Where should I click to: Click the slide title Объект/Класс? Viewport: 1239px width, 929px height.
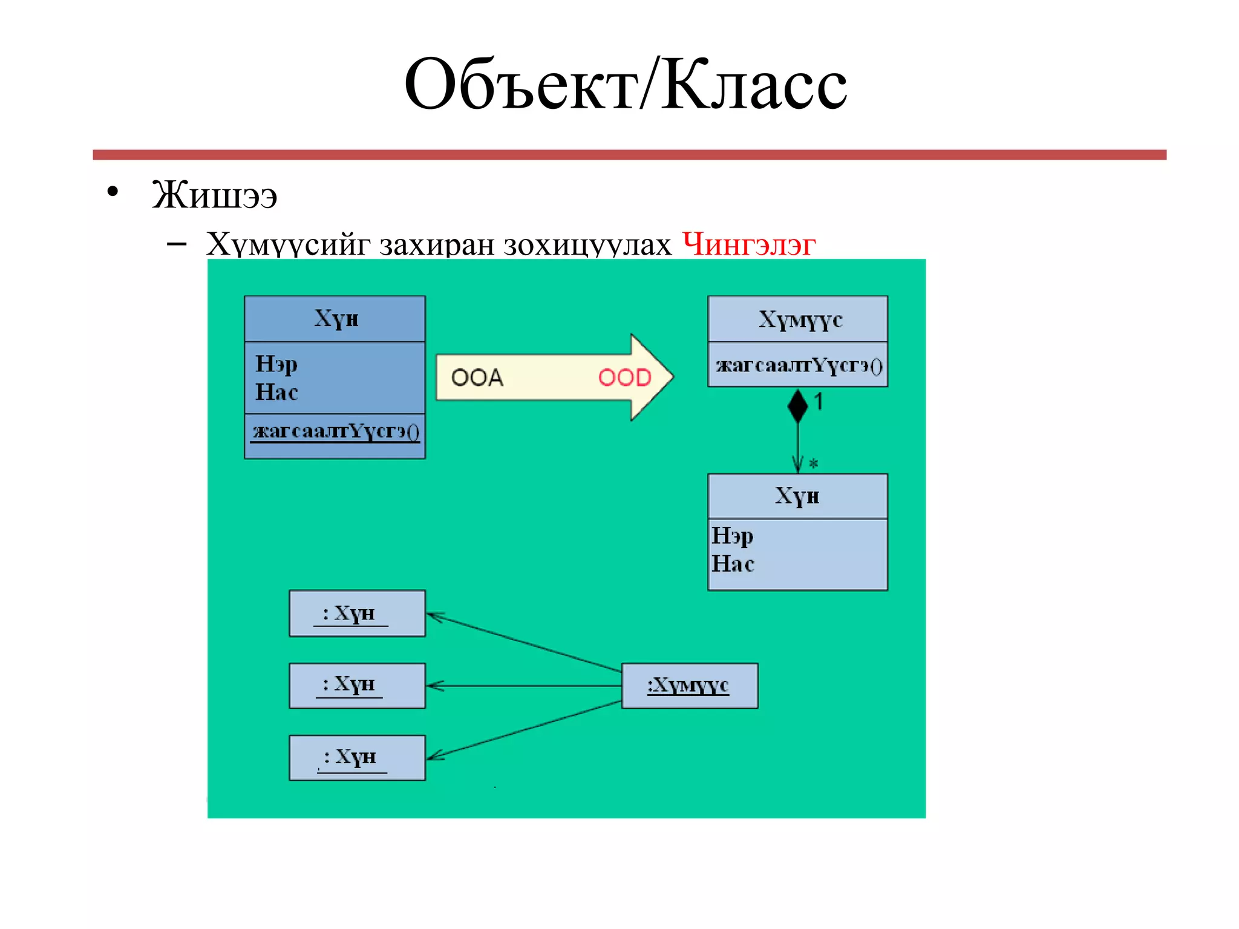point(625,85)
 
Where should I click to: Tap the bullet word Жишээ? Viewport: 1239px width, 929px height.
point(214,195)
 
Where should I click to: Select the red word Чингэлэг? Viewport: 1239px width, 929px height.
point(748,244)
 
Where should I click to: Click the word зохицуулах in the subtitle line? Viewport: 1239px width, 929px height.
point(587,244)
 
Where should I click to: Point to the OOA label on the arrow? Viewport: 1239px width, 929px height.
point(477,377)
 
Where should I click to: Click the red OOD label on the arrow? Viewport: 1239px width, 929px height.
point(624,377)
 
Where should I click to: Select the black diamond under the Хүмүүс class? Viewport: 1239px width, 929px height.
point(797,406)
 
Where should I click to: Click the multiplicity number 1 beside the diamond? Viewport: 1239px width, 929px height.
point(819,402)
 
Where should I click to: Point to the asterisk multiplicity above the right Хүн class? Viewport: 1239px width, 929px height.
point(813,464)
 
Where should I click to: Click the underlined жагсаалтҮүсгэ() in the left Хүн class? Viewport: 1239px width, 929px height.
point(336,431)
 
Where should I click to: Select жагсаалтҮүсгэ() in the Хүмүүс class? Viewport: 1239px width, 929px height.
point(799,365)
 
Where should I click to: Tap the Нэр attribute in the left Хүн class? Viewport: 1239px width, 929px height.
point(276,363)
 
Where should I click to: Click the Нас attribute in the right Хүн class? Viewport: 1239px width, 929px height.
point(733,564)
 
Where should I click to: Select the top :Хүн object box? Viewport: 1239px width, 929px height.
point(357,613)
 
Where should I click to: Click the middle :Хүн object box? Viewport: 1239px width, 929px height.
point(357,685)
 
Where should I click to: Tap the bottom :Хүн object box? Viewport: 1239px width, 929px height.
point(357,757)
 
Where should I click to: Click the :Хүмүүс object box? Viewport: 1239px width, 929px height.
point(689,685)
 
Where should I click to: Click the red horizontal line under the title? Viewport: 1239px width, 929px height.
point(629,155)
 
